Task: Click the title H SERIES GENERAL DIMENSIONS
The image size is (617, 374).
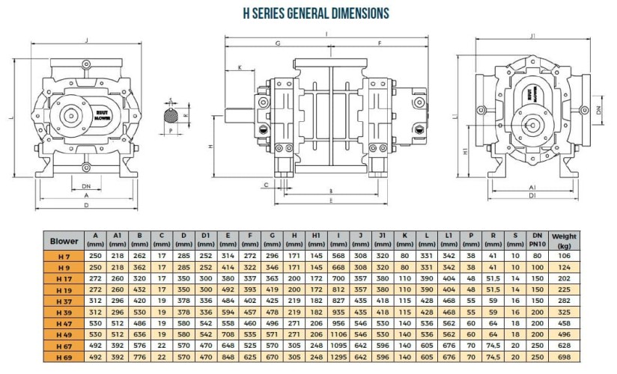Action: (316, 13)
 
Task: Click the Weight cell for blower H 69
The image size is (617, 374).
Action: (564, 358)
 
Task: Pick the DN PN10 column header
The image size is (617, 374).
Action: (536, 241)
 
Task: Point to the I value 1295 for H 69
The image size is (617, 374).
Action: (338, 358)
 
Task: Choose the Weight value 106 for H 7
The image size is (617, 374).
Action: (564, 256)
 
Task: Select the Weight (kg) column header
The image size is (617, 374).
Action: (564, 241)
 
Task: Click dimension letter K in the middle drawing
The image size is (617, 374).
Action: (240, 68)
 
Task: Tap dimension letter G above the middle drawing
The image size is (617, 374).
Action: (277, 44)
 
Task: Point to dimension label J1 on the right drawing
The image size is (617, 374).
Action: (532, 36)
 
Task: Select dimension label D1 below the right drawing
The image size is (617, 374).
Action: (532, 197)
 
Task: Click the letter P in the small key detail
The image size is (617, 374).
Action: (171, 129)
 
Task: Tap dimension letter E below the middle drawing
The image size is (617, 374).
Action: (331, 200)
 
